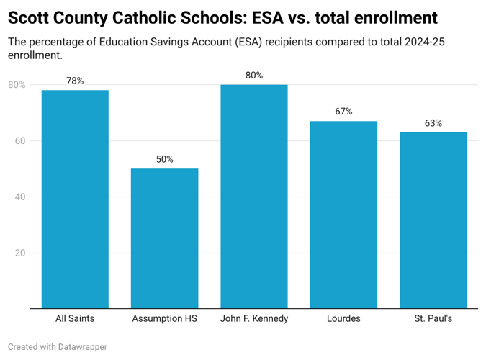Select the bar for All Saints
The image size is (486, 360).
pyautogui.click(x=75, y=199)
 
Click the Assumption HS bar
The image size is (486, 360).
pyautogui.click(x=164, y=238)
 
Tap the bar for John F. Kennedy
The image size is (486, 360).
pyautogui.click(x=254, y=197)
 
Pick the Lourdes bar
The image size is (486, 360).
pyautogui.click(x=343, y=215)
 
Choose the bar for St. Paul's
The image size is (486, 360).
pyautogui.click(x=433, y=220)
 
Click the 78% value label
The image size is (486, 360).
pyautogui.click(x=75, y=81)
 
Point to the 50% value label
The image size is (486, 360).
pyautogui.click(x=164, y=159)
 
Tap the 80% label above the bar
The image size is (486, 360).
pyautogui.click(x=254, y=75)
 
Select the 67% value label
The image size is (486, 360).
pyautogui.click(x=343, y=112)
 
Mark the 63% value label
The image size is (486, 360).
pyautogui.click(x=433, y=123)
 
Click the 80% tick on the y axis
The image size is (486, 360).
pyautogui.click(x=17, y=85)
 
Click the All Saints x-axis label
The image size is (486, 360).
pyautogui.click(x=75, y=318)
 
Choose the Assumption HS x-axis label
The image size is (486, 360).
pyautogui.click(x=164, y=318)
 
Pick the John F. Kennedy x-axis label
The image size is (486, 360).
pyautogui.click(x=254, y=318)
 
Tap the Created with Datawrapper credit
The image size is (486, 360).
pyautogui.click(x=58, y=347)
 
